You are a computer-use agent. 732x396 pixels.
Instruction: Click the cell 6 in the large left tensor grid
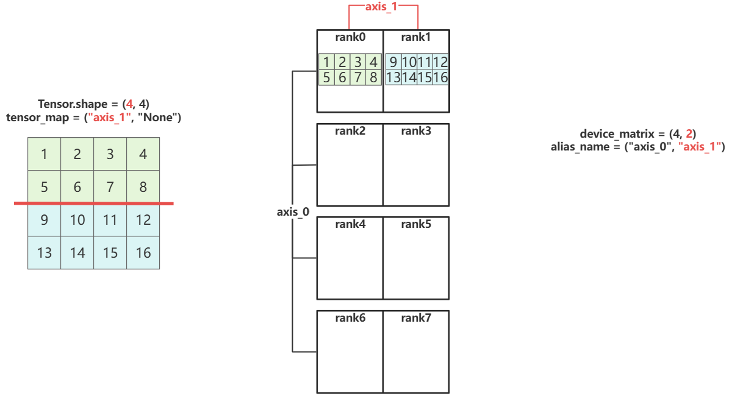point(77,187)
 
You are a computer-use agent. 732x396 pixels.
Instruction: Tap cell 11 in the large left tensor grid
point(110,220)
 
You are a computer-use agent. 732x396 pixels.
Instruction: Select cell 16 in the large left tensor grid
point(143,253)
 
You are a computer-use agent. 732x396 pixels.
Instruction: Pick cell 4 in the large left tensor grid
point(143,154)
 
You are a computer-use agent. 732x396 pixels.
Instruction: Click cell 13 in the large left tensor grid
point(45,253)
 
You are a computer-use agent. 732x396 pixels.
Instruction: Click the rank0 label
point(350,37)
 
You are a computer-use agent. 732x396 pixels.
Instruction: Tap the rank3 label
point(416,130)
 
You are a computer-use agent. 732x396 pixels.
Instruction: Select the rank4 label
point(350,224)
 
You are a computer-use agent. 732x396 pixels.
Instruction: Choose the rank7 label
point(416,318)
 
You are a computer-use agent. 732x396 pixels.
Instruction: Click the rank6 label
point(350,318)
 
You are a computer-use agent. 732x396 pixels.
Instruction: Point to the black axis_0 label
point(293,212)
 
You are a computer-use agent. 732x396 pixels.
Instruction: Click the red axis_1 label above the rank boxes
point(383,7)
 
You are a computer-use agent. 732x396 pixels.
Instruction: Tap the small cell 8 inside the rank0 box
point(374,77)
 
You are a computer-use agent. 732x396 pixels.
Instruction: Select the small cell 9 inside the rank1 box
point(393,62)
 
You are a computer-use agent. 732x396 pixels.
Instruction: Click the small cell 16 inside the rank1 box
point(441,77)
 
